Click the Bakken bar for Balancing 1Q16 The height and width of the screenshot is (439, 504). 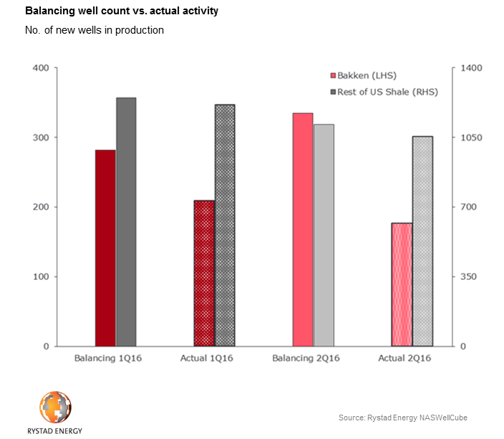pyautogui.click(x=105, y=248)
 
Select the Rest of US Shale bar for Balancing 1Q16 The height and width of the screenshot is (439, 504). pyautogui.click(x=126, y=222)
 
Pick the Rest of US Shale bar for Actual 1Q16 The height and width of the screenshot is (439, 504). pyautogui.click(x=225, y=226)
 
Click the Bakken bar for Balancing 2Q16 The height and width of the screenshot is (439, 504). pyautogui.click(x=303, y=229)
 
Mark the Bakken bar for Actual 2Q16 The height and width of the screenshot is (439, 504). pyautogui.click(x=402, y=284)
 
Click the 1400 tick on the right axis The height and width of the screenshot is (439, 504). pyautogui.click(x=474, y=68)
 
